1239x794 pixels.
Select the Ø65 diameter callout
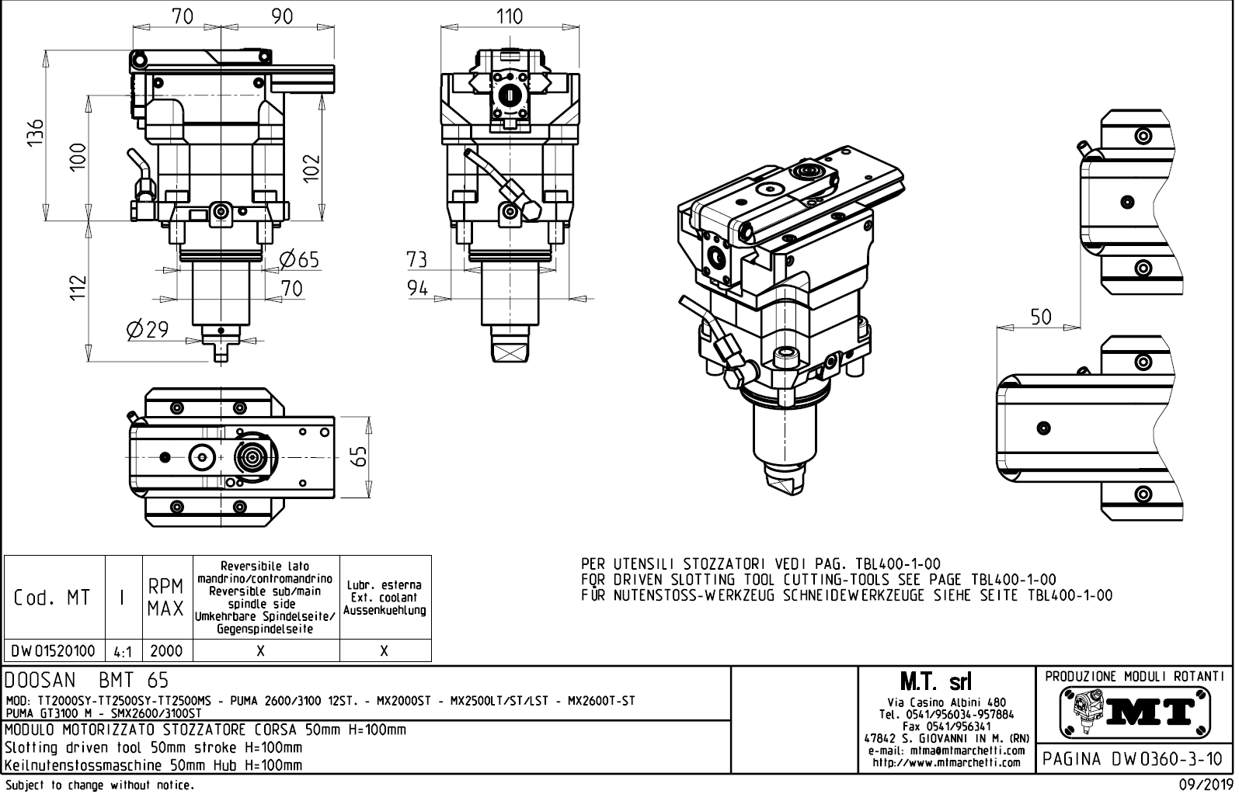tap(299, 258)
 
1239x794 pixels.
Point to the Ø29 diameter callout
tap(147, 330)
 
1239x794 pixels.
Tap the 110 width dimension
tap(509, 16)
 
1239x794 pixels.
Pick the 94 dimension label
tap(418, 289)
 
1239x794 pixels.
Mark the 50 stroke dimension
tap(1040, 317)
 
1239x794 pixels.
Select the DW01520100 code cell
tap(54, 650)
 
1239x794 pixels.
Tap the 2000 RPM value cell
tap(166, 650)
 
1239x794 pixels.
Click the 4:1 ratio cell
tap(123, 651)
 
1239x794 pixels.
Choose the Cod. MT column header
tap(52, 598)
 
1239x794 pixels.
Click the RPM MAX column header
tap(166, 597)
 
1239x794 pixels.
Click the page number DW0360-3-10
tap(1134, 758)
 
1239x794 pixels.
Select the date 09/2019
tap(1206, 785)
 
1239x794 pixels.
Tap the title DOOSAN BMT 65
tap(86, 681)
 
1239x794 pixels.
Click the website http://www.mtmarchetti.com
tap(946, 762)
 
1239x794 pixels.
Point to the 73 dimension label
tap(418, 258)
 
